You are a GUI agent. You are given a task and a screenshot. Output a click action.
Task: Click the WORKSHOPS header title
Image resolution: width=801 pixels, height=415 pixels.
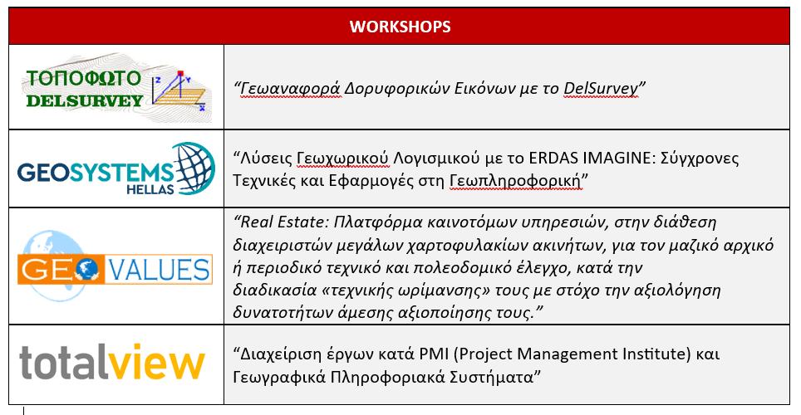pyautogui.click(x=400, y=27)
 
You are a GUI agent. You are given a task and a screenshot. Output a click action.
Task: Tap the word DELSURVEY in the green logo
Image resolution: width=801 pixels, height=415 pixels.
pyautogui.click(x=84, y=100)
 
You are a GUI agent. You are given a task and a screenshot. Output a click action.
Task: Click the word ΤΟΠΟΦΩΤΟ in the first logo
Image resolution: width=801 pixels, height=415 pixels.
pyautogui.click(x=83, y=78)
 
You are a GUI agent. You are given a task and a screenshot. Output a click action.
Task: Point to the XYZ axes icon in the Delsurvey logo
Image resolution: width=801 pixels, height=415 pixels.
pyautogui.click(x=179, y=90)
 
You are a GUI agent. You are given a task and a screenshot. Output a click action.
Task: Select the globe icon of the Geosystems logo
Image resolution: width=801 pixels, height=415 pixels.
pyautogui.click(x=194, y=168)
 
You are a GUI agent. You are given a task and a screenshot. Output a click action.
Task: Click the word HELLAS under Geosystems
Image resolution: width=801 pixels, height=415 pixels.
pyautogui.click(x=150, y=189)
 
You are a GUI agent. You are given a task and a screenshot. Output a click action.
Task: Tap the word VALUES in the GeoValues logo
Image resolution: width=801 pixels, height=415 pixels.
pyautogui.click(x=159, y=270)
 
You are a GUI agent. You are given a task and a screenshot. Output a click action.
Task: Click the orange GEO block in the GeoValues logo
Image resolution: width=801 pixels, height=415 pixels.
pyautogui.click(x=61, y=270)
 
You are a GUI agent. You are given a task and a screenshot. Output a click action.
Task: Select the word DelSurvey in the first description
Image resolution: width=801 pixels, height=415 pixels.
pyautogui.click(x=601, y=88)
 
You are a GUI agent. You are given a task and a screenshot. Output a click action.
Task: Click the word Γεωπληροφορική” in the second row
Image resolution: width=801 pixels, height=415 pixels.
pyautogui.click(x=519, y=181)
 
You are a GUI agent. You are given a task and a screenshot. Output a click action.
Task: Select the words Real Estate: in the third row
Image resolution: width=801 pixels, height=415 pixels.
pyautogui.click(x=284, y=222)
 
